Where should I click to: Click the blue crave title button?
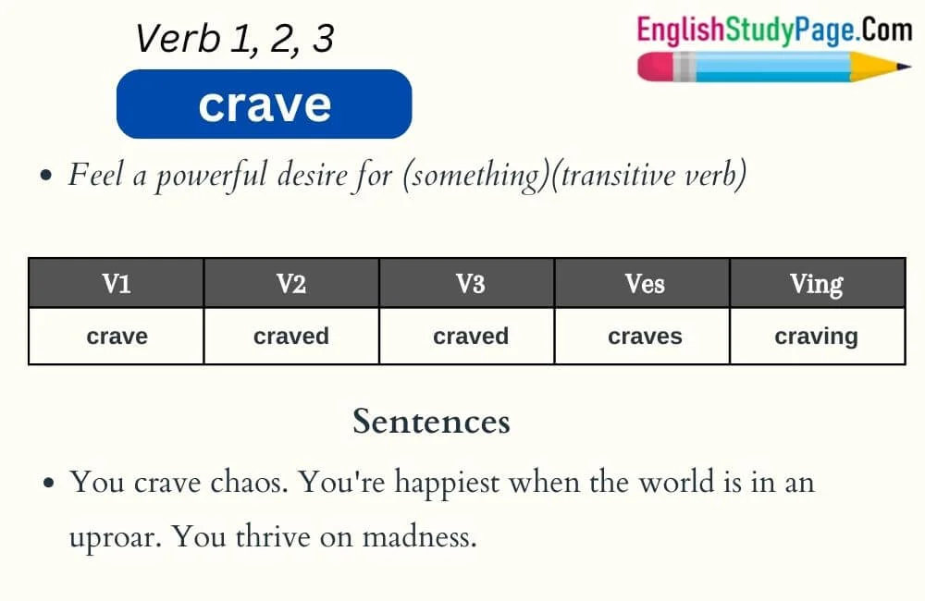click(264, 104)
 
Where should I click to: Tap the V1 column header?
click(116, 284)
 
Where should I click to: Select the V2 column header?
click(290, 284)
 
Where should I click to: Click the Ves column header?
click(644, 284)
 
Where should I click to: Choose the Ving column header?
click(816, 284)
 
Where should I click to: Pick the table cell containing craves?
click(644, 337)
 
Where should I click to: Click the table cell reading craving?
click(816, 337)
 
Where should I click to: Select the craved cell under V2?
click(290, 337)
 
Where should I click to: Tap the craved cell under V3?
click(470, 337)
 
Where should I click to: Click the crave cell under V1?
click(116, 337)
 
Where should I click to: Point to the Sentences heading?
click(431, 422)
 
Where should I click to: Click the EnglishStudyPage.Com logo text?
click(773, 31)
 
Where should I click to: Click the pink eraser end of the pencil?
click(653, 67)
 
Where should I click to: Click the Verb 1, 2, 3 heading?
click(234, 39)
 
